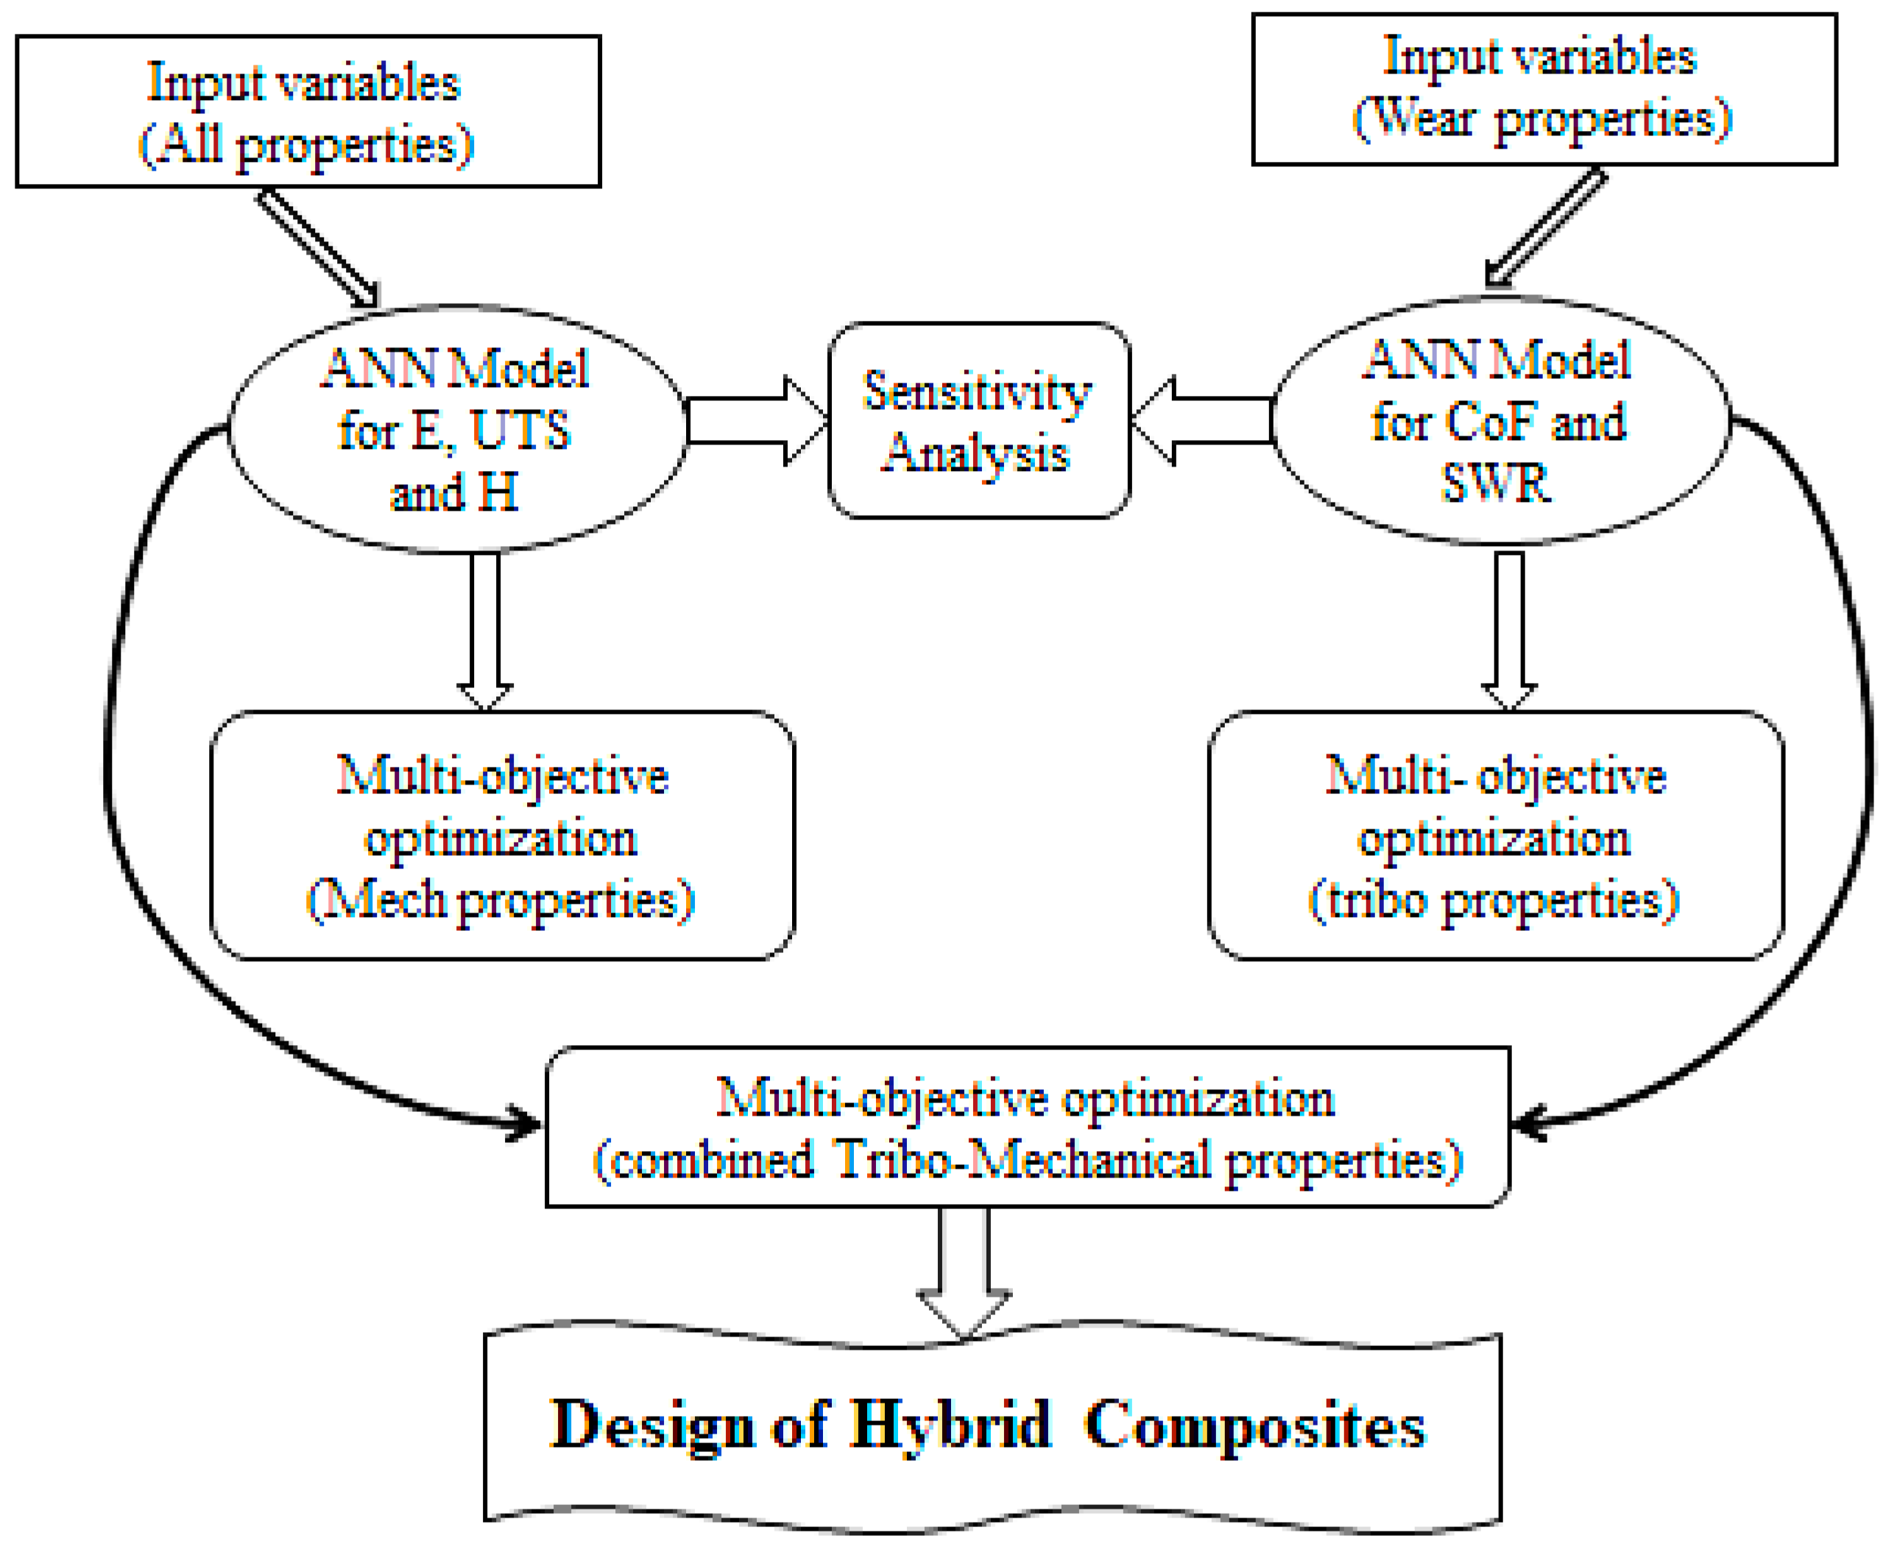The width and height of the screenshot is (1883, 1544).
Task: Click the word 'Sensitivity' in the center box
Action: coord(977,392)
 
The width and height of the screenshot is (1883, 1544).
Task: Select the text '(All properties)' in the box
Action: coord(307,145)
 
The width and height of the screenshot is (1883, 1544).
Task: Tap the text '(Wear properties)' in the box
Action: coord(1542,118)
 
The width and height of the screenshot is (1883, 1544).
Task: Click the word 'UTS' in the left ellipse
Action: coord(520,431)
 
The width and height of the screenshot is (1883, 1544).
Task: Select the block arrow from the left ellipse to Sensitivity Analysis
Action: coord(756,421)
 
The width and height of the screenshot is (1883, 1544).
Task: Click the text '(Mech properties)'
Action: coord(500,901)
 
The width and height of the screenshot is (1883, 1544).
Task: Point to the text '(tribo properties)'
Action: coord(1494,901)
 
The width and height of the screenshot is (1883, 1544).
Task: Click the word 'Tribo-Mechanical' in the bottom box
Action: coord(1023,1160)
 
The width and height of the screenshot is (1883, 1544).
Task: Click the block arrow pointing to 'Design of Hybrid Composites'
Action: coord(964,1272)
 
